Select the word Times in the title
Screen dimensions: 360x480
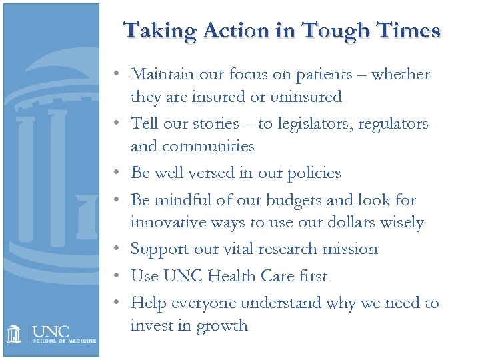(x=409, y=31)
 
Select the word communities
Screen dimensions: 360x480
(x=209, y=146)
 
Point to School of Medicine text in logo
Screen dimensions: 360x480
(x=64, y=341)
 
